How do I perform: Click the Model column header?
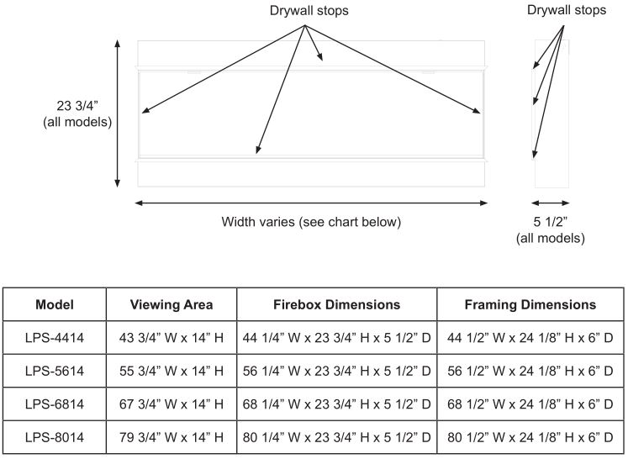(55, 305)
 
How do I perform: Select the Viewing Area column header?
(172, 305)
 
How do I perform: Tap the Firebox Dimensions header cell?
(337, 305)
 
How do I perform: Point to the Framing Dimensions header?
(530, 305)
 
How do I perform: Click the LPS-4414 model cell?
(55, 338)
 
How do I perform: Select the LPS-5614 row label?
(55, 372)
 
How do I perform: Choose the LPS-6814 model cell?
(55, 404)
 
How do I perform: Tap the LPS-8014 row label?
(55, 437)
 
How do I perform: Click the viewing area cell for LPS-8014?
(172, 437)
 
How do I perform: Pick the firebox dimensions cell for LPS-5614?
(337, 372)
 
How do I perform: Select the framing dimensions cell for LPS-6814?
(530, 404)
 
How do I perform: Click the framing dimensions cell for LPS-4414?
(530, 338)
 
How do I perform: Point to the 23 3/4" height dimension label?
(77, 113)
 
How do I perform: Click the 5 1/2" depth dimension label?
(551, 229)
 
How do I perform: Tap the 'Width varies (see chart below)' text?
(311, 222)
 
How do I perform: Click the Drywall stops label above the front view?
(309, 10)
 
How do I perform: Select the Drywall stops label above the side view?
(567, 10)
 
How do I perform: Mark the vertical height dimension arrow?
(118, 113)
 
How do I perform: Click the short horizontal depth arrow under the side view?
(551, 203)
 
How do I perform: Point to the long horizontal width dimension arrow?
(311, 203)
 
